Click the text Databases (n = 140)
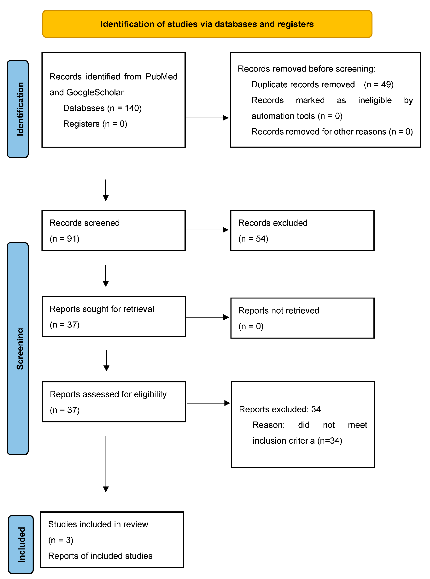point(102,108)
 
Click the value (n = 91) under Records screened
point(64,239)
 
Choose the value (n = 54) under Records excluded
point(253,239)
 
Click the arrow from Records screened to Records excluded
point(207,230)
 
